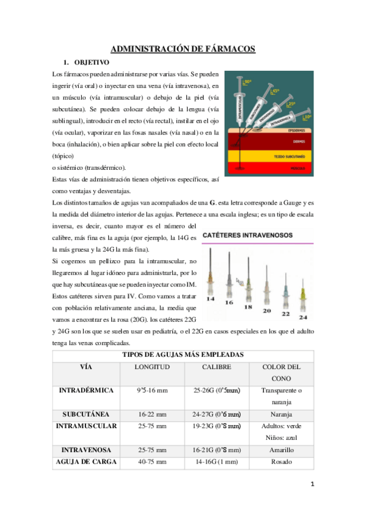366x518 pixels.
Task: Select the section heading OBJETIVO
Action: click(92, 62)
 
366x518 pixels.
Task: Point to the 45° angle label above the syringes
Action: click(275, 91)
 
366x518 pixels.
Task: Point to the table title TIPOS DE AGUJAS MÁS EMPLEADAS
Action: click(183, 354)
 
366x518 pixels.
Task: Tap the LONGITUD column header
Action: click(152, 367)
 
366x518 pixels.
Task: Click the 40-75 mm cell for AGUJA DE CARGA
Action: click(152, 462)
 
